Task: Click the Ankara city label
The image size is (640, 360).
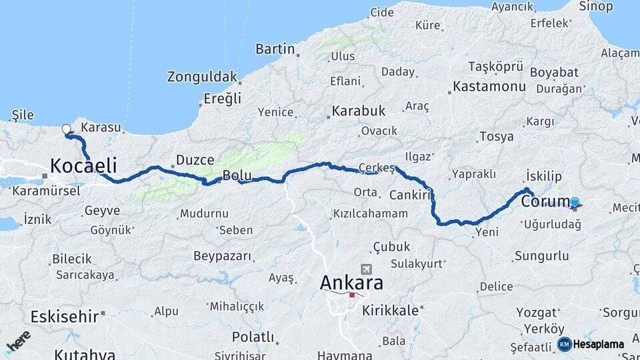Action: point(352,283)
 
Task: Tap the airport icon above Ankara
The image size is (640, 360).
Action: point(365,269)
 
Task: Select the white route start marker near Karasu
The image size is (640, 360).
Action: point(66,129)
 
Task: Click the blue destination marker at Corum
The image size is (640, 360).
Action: point(574,202)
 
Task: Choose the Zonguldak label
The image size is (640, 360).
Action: point(202,77)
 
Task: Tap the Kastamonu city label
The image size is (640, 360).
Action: point(489,87)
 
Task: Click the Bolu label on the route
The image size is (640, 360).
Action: point(237,176)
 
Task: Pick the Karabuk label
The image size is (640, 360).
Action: point(359,110)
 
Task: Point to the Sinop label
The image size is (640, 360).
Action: point(596,7)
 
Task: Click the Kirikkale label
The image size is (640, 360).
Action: point(391,310)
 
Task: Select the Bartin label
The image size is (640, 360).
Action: point(275,49)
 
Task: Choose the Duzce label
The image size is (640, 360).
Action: point(195,160)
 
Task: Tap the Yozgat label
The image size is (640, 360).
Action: point(536,312)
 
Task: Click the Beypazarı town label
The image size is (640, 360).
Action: point(222,256)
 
